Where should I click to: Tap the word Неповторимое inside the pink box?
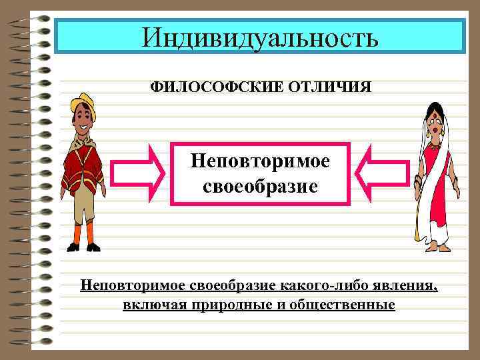(260, 161)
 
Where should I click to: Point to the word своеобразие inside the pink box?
(260, 185)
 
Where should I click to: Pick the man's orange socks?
(84, 234)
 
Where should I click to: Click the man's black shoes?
(84, 248)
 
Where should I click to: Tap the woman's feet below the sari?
(437, 248)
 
